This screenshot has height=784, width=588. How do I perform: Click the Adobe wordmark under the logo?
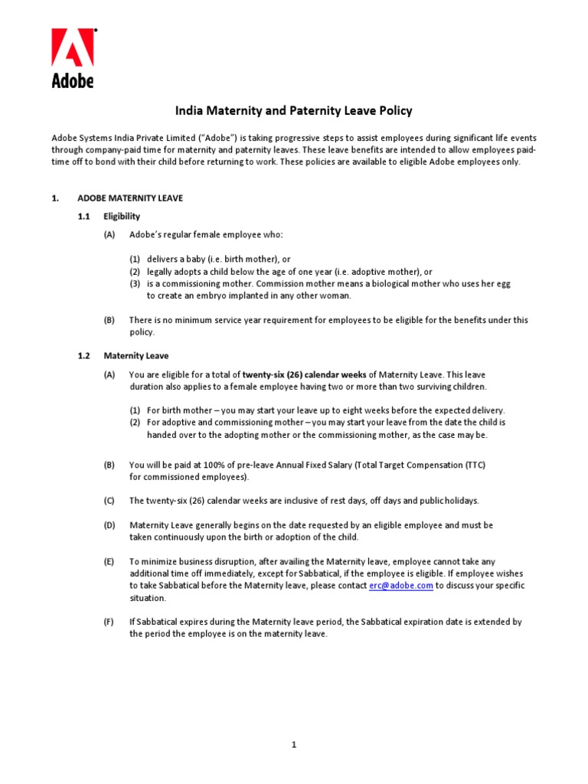pyautogui.click(x=73, y=80)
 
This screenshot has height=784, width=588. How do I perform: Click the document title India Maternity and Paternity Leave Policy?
pyautogui.click(x=294, y=111)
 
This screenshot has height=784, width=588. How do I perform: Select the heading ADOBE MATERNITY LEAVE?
pyautogui.click(x=130, y=198)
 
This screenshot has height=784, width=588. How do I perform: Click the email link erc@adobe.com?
pyautogui.click(x=401, y=586)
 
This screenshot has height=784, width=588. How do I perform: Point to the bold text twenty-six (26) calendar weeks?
pyautogui.click(x=304, y=374)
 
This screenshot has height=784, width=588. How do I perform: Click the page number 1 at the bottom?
pyautogui.click(x=293, y=745)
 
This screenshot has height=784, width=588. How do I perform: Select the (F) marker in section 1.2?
pyautogui.click(x=109, y=622)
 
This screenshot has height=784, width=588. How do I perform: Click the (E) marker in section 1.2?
pyautogui.click(x=109, y=561)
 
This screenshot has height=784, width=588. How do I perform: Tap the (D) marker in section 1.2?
pyautogui.click(x=109, y=525)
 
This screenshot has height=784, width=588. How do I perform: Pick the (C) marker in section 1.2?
pyautogui.click(x=109, y=501)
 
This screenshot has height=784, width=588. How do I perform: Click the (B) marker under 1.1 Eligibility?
pyautogui.click(x=109, y=320)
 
